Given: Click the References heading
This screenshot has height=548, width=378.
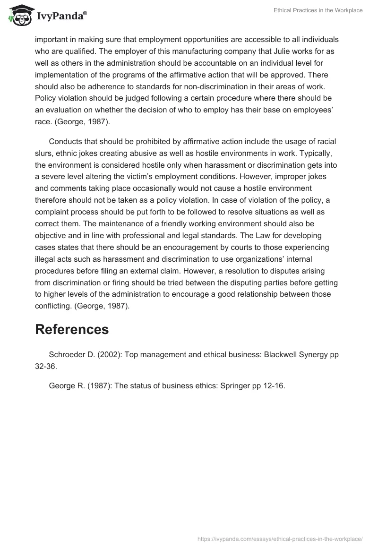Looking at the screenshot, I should pos(72,329).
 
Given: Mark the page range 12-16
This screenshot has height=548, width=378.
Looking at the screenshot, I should pos(274,385).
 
